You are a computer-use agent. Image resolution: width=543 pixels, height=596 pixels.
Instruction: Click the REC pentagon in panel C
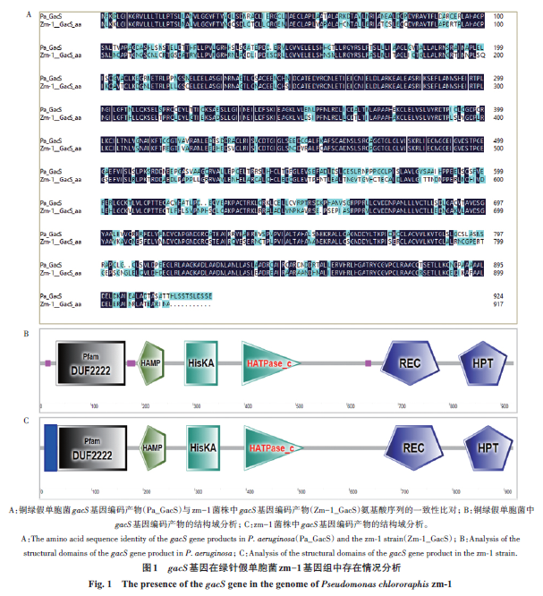tap(411, 447)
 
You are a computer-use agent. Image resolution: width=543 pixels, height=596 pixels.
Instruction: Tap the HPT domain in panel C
tap(487, 447)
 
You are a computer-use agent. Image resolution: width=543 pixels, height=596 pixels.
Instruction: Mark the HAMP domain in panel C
tap(155, 447)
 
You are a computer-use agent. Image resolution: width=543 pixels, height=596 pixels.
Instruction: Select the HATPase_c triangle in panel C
tap(274, 447)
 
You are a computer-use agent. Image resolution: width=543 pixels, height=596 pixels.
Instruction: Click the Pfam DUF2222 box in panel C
tap(90, 447)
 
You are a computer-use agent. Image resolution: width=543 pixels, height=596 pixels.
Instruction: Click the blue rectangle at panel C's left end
tap(51, 447)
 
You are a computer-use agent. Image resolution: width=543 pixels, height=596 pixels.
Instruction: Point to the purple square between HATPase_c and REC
tap(368, 363)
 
